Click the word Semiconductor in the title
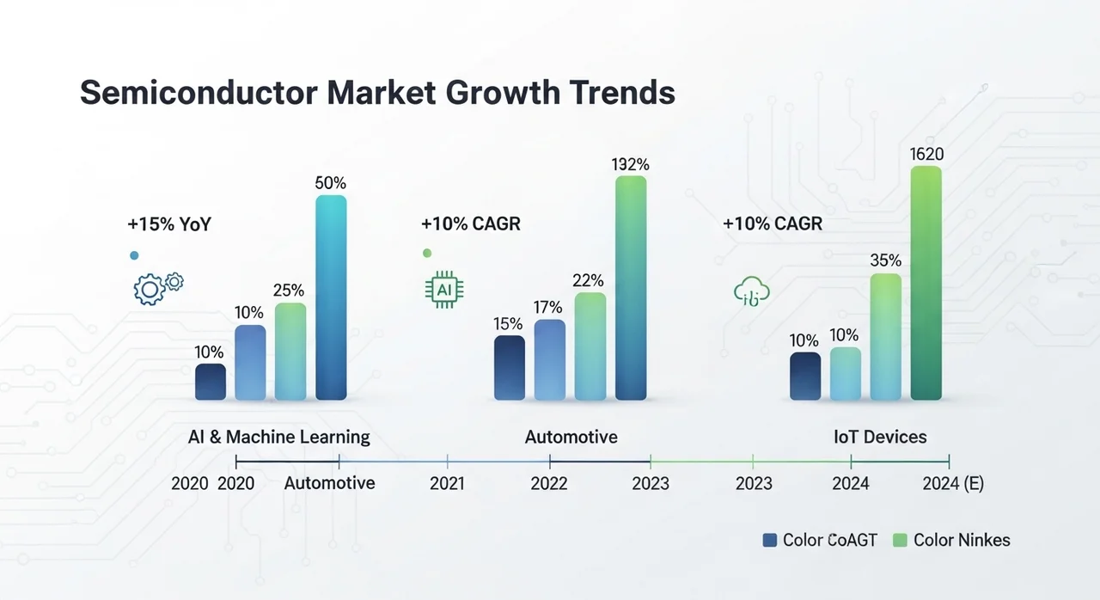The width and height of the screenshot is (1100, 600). tap(199, 92)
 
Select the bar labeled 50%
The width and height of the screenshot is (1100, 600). tap(331, 297)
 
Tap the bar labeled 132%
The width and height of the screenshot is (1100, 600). tap(631, 288)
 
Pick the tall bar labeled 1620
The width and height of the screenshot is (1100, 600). tap(926, 283)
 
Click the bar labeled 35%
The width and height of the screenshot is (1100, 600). tap(886, 337)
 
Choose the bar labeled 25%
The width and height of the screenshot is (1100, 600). tap(290, 352)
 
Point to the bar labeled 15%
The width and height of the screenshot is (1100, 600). tap(510, 368)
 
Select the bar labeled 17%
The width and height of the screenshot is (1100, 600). tap(550, 360)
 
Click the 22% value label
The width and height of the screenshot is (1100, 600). tap(588, 281)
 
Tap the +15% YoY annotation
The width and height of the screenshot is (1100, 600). tap(169, 224)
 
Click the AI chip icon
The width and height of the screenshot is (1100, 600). tap(444, 290)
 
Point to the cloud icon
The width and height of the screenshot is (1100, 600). tap(751, 291)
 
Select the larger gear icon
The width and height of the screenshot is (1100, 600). tap(150, 290)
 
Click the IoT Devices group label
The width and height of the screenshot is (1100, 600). tap(880, 437)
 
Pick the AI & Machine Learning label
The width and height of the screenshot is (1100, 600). tap(279, 437)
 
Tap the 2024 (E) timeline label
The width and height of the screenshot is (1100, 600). tap(953, 484)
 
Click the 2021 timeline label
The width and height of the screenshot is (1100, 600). tap(447, 484)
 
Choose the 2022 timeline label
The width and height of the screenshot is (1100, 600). tap(549, 484)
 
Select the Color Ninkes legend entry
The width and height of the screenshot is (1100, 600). tap(951, 540)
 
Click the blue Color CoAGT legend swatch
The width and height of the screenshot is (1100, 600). tap(769, 540)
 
